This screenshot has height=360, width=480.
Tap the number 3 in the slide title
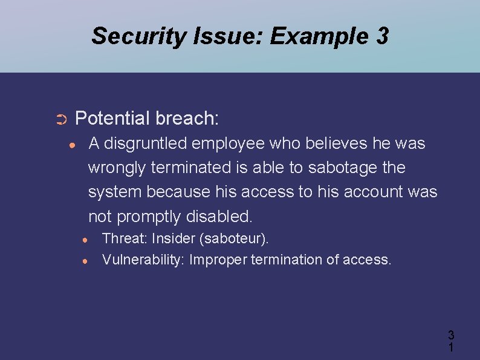click(x=381, y=36)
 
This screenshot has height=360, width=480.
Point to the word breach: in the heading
click(x=187, y=118)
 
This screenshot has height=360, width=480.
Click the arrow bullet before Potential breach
click(x=61, y=119)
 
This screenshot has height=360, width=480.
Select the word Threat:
click(x=125, y=239)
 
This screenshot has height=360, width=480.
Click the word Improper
click(x=218, y=260)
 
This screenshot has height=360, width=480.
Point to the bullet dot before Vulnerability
click(x=86, y=261)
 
